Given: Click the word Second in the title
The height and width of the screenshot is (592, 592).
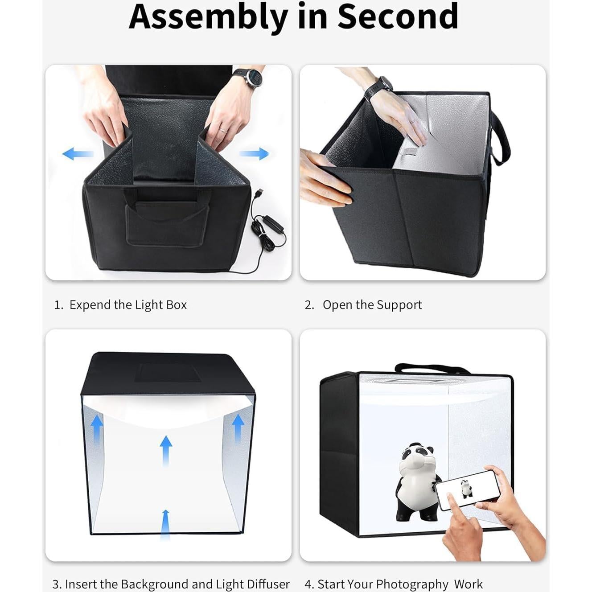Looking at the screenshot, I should (397, 17).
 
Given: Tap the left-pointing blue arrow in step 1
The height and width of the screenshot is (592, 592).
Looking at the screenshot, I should (78, 154).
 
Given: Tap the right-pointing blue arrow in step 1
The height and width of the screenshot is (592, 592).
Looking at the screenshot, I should (255, 154).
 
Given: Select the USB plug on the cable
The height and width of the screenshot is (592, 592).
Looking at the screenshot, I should (260, 195).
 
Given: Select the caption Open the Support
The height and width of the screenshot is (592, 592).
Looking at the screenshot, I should (372, 305).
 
